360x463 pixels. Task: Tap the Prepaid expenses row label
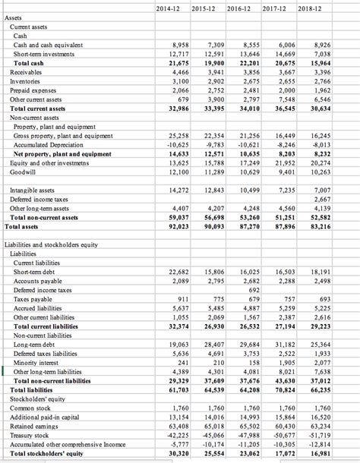39,90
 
